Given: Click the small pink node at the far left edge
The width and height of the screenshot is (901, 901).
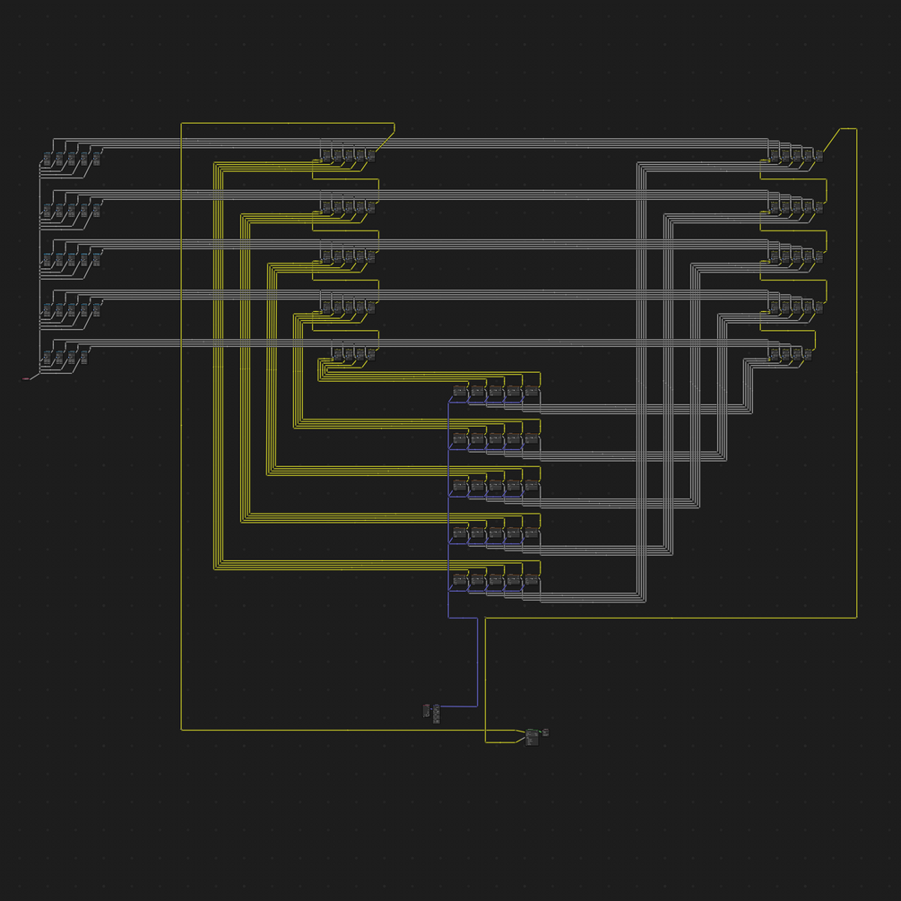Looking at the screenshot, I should coord(25,379).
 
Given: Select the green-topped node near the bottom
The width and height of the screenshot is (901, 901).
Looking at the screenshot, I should coord(532,736).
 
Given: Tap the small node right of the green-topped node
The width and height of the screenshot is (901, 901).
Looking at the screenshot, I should coord(545,732).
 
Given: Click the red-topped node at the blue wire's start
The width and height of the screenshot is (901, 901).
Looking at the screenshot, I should coord(426,711).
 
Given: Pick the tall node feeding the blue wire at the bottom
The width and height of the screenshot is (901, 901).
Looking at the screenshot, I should coord(437,714).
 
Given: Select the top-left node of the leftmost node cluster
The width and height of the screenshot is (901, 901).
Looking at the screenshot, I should coord(47,160).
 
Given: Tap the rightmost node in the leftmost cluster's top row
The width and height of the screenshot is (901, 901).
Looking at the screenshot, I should coord(96,160).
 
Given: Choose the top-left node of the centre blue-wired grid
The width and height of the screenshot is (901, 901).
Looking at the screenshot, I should coord(460,391).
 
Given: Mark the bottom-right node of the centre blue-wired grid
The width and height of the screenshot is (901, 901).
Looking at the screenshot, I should coord(532,581).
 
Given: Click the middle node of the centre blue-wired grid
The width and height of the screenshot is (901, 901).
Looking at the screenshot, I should coord(496,486).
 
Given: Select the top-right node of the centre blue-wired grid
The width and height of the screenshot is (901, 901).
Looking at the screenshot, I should coord(532,391).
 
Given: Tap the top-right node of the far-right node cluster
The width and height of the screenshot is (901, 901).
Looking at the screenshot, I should coord(819,156).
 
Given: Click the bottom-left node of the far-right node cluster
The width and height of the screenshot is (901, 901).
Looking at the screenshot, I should coord(775,354).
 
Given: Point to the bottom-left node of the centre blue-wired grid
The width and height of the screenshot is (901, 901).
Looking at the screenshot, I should coord(460,581).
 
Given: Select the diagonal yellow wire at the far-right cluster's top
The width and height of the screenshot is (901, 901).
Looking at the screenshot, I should coord(832,141).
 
